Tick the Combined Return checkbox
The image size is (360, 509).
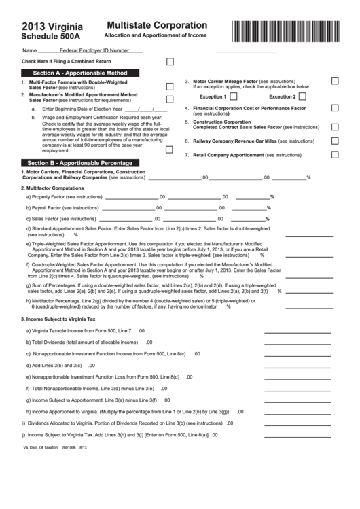coord(170,61)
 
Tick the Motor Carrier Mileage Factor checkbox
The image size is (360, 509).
coord(335,81)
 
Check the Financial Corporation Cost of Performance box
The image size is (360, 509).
coord(335,108)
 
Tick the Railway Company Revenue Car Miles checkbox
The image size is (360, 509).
coord(335,141)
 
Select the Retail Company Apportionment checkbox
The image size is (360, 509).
coord(335,154)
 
